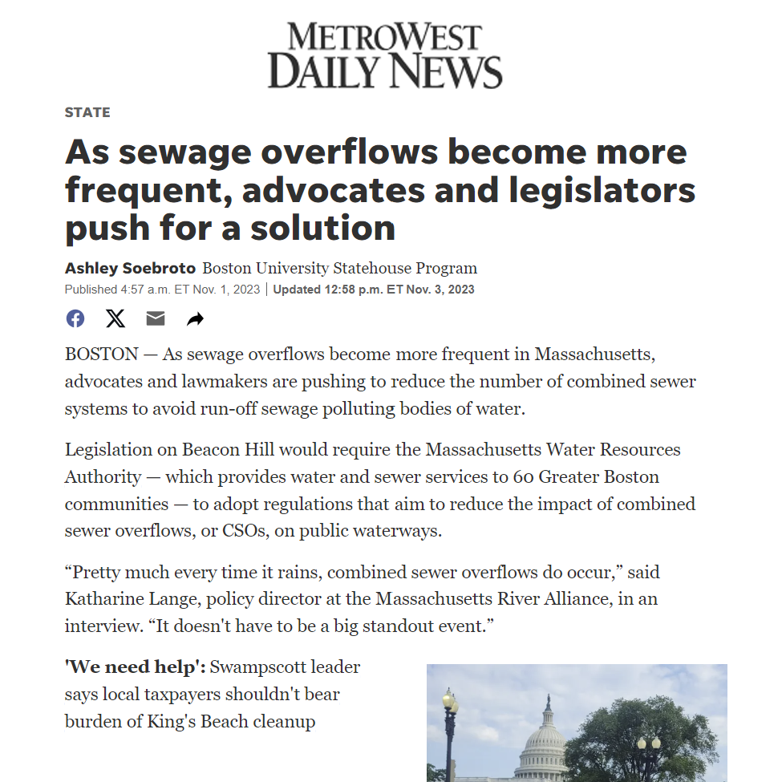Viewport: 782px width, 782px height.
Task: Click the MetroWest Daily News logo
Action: click(x=385, y=55)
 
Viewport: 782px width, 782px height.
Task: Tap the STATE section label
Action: click(x=87, y=112)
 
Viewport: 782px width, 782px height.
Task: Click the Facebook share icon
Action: click(x=75, y=318)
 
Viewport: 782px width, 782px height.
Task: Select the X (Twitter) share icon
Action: click(x=115, y=318)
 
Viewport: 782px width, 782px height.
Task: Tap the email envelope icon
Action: click(x=156, y=318)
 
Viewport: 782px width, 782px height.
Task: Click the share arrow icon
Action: click(x=195, y=319)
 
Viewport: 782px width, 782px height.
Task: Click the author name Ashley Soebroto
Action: click(x=130, y=268)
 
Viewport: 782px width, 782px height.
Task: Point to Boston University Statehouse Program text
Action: click(x=339, y=268)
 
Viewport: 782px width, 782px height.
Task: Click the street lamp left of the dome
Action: click(x=450, y=722)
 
